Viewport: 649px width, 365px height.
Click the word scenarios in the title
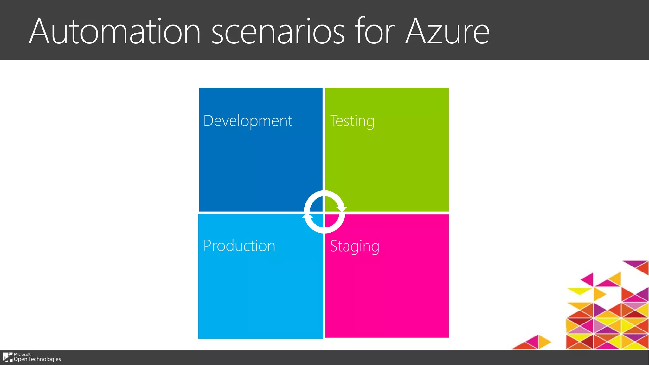pyautogui.click(x=278, y=32)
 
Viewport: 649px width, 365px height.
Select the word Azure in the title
pyautogui.click(x=447, y=32)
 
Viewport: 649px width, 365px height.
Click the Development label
pyautogui.click(x=248, y=121)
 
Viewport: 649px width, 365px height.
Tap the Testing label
pyautogui.click(x=352, y=121)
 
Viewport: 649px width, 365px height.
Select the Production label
pyautogui.click(x=239, y=246)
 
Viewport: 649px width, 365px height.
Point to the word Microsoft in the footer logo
pyautogui.click(x=22, y=354)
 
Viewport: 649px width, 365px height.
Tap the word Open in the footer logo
pyautogui.click(x=20, y=359)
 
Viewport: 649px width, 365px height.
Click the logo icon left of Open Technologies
pyautogui.click(x=8, y=357)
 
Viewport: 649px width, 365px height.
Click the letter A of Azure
pyautogui.click(x=417, y=32)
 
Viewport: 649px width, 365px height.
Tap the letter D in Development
pyautogui.click(x=209, y=121)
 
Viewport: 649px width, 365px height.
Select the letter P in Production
pyautogui.click(x=208, y=246)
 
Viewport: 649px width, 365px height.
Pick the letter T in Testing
pyautogui.click(x=334, y=121)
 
